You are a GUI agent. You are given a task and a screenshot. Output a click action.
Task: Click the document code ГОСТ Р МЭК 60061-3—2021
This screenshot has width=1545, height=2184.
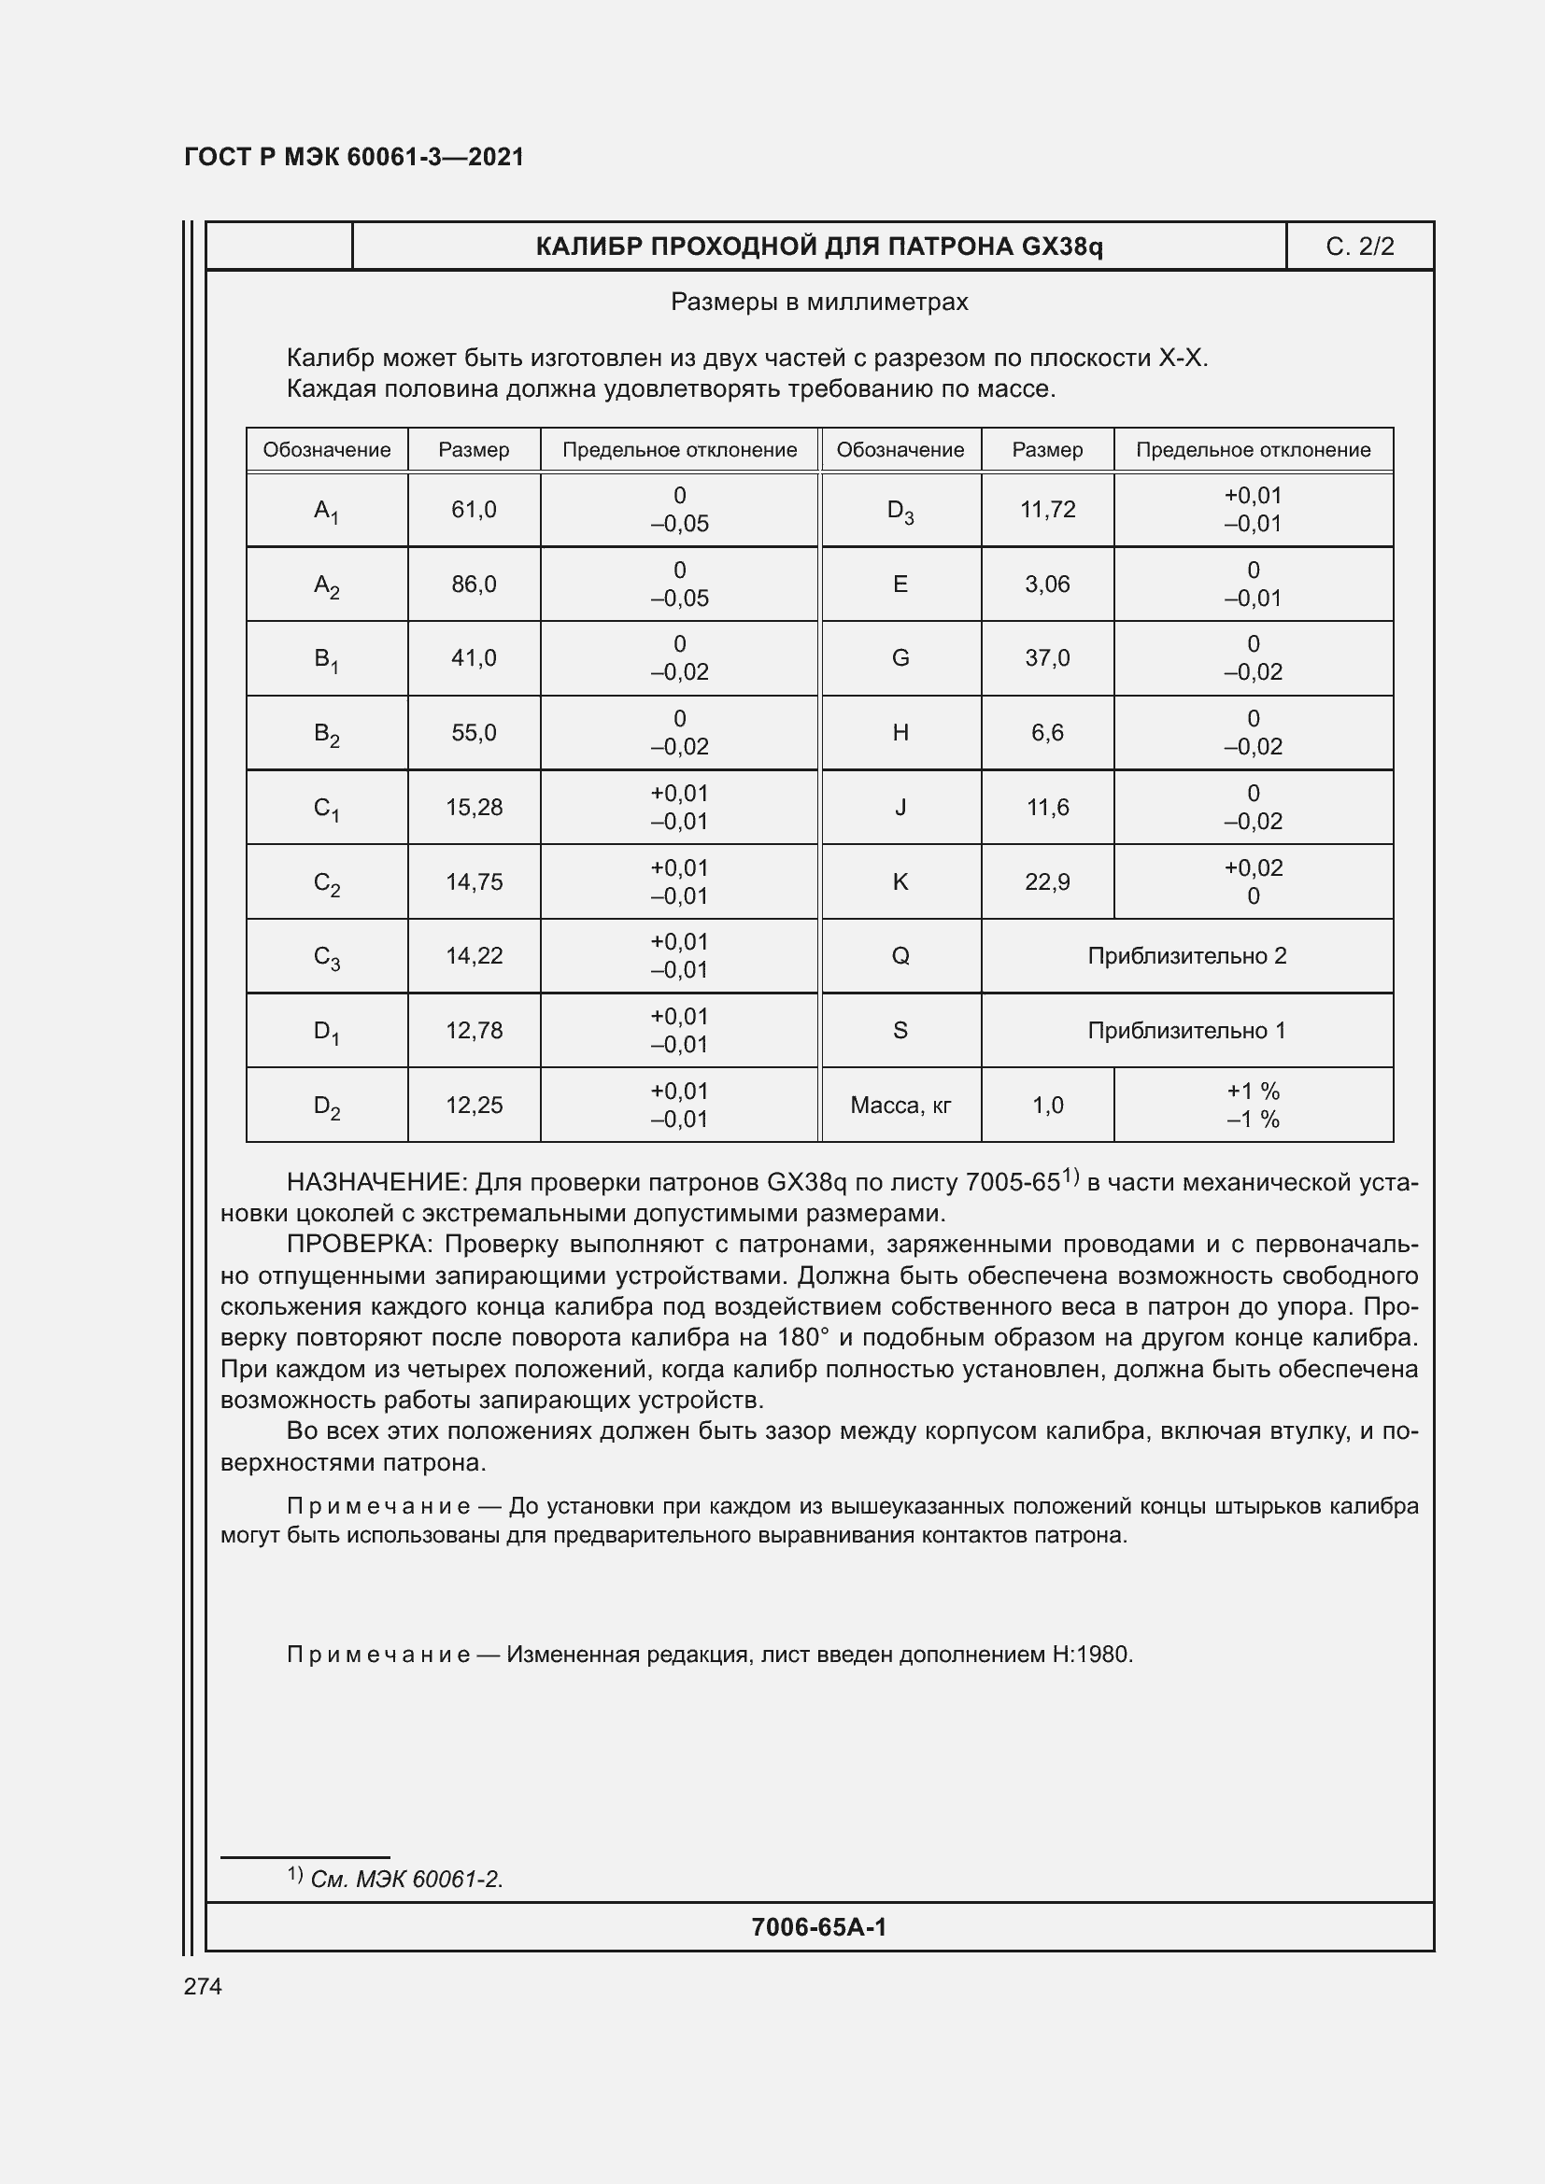pos(354,157)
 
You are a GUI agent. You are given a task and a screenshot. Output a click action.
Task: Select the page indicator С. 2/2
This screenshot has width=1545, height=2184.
pos(1359,247)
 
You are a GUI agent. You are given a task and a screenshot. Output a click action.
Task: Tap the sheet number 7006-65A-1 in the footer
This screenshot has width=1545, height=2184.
pos(818,1927)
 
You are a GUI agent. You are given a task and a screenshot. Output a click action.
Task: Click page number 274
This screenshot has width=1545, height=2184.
pos(203,1986)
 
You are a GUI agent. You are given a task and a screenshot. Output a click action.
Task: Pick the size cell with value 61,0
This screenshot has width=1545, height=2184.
pos(474,510)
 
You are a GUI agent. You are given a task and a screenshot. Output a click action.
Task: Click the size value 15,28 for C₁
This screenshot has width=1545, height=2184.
pos(474,808)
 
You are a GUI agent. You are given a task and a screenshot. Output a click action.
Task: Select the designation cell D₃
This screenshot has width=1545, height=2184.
pos(900,511)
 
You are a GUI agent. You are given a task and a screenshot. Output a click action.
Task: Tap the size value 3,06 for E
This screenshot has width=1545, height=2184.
pos(1046,584)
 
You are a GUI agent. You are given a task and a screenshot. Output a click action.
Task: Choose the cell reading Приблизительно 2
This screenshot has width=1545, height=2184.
pos(1186,956)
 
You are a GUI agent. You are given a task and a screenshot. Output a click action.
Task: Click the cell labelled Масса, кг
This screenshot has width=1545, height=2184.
pos(900,1106)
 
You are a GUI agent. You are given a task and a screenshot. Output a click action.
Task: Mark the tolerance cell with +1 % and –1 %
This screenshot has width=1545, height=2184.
pos(1253,1106)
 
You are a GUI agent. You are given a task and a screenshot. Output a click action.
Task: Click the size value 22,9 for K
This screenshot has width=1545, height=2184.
pos(1046,881)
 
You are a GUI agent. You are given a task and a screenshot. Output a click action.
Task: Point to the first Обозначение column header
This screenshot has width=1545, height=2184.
pos(326,450)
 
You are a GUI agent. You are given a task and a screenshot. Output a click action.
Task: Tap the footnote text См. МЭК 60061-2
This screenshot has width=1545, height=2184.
pos(406,1879)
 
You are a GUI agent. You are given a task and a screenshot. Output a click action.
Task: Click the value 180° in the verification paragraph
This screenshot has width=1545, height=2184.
pos(803,1337)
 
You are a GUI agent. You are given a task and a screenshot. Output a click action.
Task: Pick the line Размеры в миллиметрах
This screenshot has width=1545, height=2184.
pos(819,303)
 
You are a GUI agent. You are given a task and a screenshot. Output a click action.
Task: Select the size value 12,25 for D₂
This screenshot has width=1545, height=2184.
pos(474,1106)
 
